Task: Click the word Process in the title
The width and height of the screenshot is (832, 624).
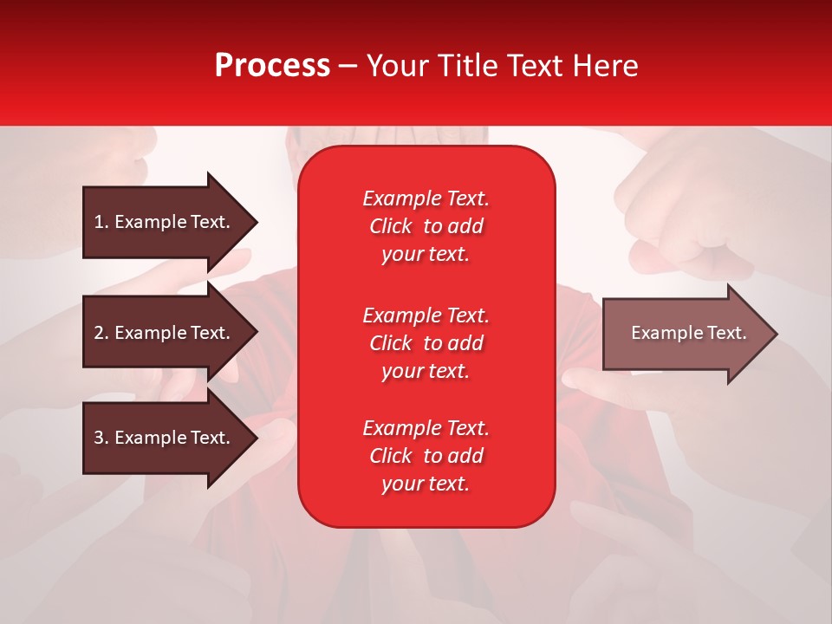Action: click(272, 65)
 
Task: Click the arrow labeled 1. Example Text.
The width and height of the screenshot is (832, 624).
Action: click(170, 223)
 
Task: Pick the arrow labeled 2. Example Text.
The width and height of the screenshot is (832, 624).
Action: click(170, 332)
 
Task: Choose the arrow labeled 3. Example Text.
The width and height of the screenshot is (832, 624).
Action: click(170, 437)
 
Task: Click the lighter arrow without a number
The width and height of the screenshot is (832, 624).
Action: click(690, 334)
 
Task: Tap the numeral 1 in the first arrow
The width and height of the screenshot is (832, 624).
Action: click(98, 222)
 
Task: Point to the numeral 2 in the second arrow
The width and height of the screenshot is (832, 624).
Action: click(99, 333)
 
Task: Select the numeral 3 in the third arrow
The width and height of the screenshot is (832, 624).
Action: click(99, 438)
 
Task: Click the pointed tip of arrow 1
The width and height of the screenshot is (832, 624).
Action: click(257, 223)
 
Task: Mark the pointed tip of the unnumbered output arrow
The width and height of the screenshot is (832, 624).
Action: click(777, 334)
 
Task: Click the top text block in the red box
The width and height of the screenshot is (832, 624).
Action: click(426, 226)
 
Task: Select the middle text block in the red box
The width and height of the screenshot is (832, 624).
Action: click(426, 343)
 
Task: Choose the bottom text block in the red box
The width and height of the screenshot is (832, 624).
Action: click(426, 455)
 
